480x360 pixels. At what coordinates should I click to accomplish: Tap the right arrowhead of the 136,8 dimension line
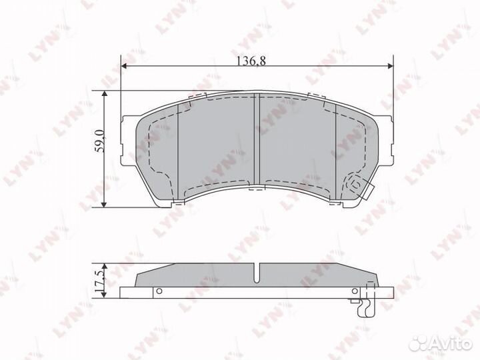(x=390, y=66)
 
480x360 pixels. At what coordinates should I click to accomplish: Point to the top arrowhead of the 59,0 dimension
(x=105, y=95)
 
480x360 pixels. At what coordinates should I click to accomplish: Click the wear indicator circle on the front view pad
(x=355, y=181)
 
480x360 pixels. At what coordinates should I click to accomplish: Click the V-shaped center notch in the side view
(x=257, y=273)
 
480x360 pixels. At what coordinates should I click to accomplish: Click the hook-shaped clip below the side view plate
(x=363, y=307)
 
